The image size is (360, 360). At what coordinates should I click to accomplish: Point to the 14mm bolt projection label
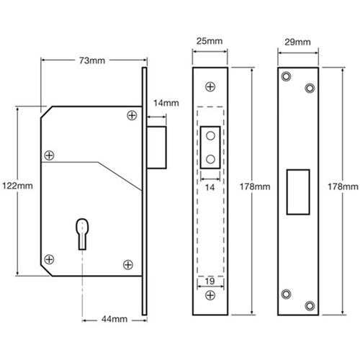[x=166, y=104]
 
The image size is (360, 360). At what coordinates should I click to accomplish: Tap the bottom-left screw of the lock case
[x=50, y=258]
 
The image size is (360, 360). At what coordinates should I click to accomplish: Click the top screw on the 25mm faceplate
[x=210, y=85]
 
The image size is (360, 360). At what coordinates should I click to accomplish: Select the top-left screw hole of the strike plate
[x=287, y=76]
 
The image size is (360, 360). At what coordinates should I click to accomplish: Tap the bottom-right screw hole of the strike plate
[x=310, y=305]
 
